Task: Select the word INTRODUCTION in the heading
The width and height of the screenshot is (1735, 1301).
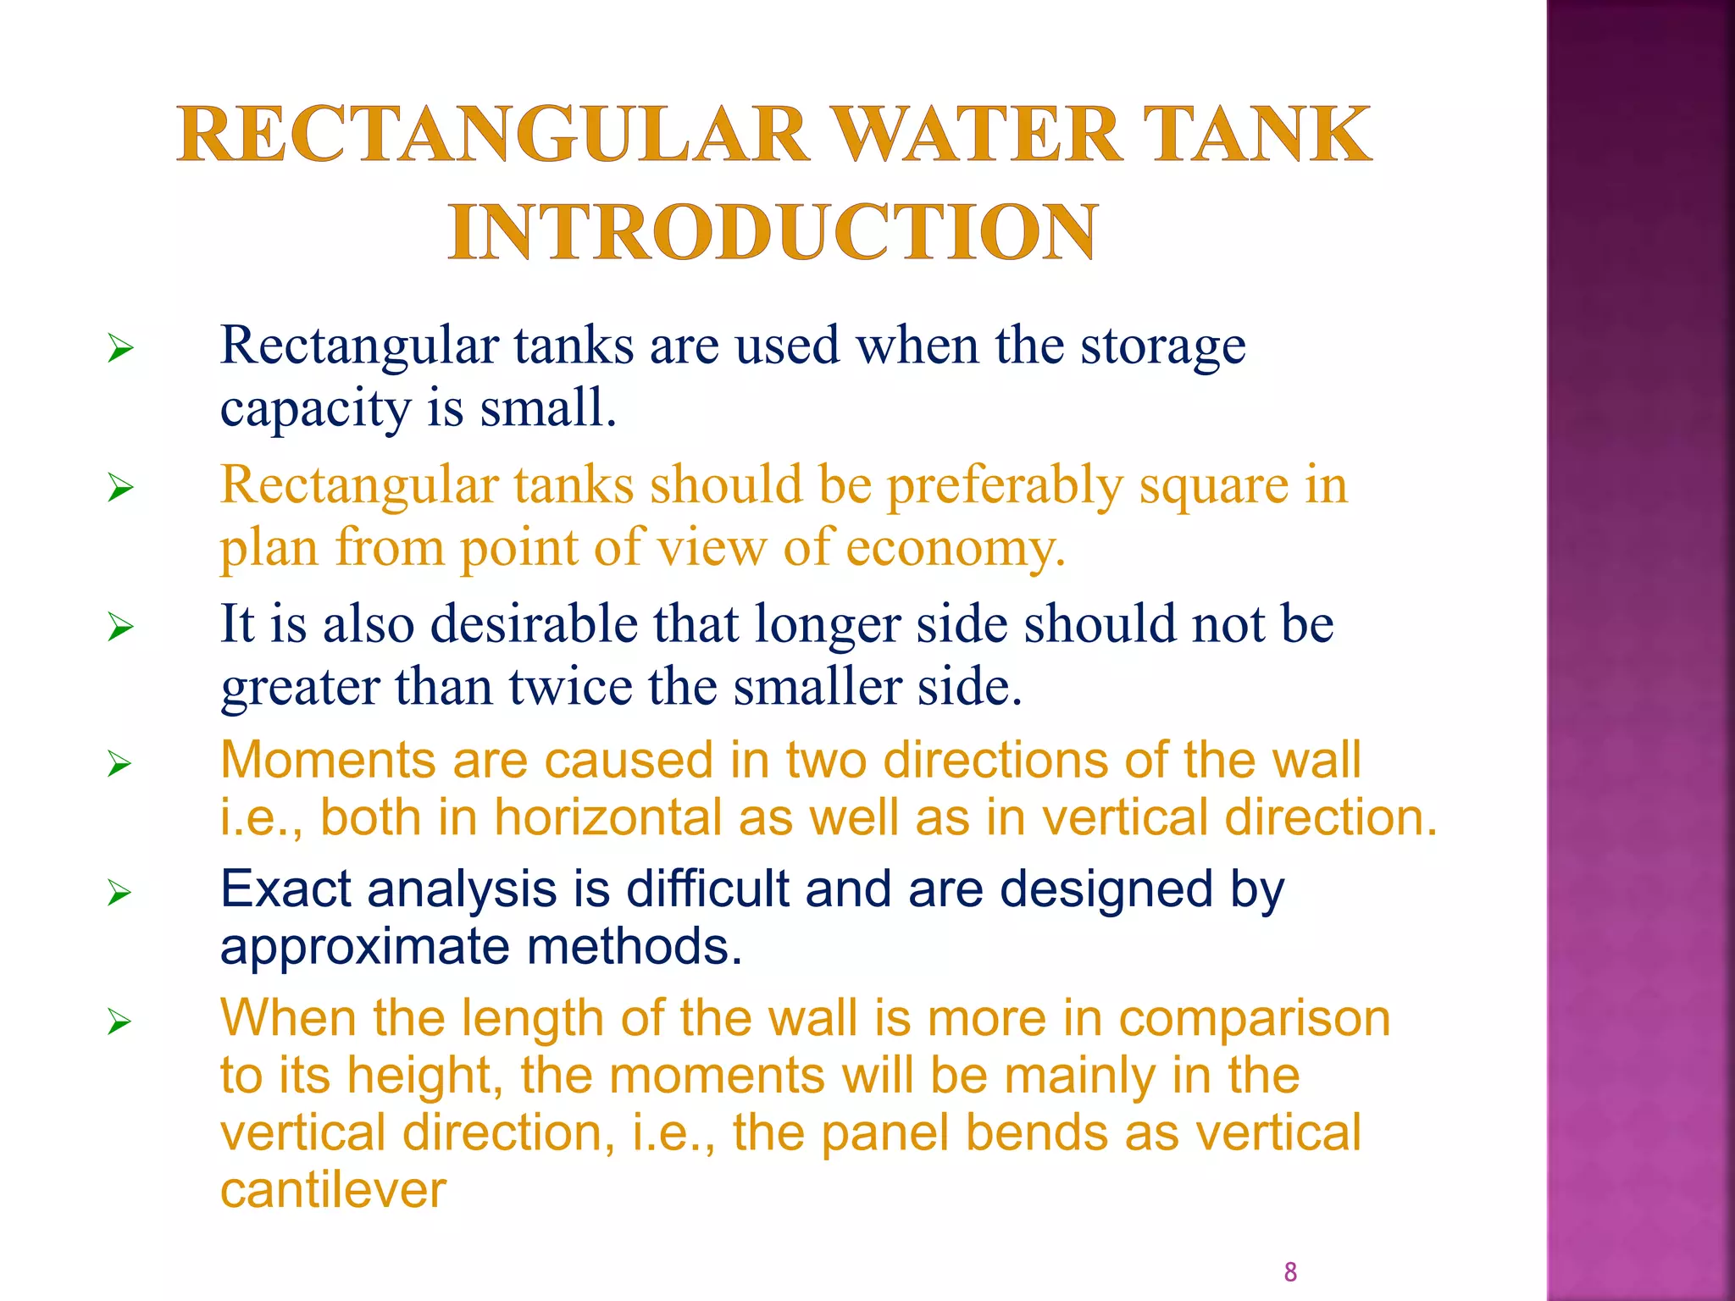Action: (773, 233)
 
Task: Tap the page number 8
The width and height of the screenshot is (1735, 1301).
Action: (1290, 1271)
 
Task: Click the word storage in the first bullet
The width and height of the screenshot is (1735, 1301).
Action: (1162, 347)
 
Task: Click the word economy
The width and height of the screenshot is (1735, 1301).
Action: (955, 549)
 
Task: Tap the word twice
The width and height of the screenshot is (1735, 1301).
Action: (569, 686)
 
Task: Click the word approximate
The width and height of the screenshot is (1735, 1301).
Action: (365, 947)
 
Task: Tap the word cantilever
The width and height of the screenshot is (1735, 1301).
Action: (332, 1191)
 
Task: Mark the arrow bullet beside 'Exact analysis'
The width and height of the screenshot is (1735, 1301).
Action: (120, 893)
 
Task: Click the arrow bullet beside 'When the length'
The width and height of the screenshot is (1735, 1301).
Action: (120, 1022)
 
